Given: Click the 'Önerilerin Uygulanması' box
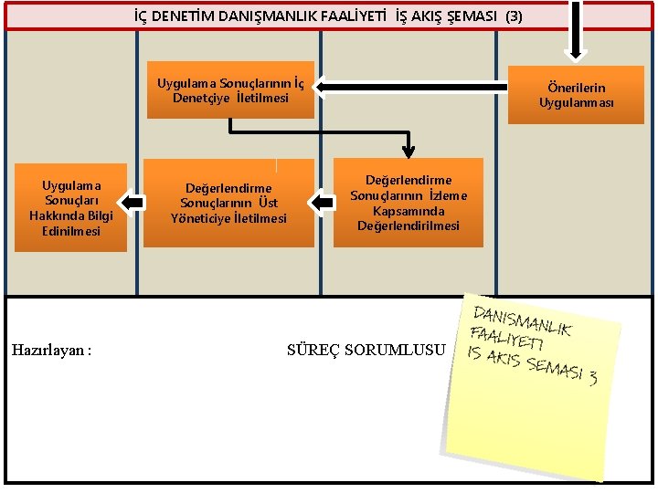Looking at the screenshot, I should pyautogui.click(x=576, y=95).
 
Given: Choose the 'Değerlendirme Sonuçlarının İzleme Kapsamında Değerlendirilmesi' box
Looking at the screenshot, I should pyautogui.click(x=409, y=204).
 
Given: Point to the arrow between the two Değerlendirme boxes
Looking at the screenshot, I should pyautogui.click(x=322, y=202).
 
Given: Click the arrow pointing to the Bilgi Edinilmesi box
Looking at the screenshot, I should pyautogui.click(x=134, y=202).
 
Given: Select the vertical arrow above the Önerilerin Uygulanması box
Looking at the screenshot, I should pyautogui.click(x=576, y=27).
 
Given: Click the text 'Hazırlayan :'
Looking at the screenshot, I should pyautogui.click(x=52, y=350).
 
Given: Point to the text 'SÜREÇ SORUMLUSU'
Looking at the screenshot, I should pyautogui.click(x=366, y=350).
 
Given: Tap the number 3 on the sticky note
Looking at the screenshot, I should pyautogui.click(x=592, y=377).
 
